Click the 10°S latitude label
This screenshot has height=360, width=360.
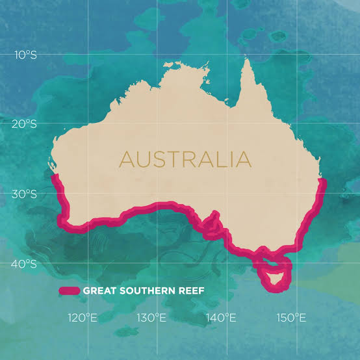(25, 56)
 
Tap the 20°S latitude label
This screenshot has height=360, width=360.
(25, 125)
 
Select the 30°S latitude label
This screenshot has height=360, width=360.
(25, 194)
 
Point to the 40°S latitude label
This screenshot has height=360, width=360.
(25, 264)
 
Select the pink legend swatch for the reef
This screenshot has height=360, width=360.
(69, 290)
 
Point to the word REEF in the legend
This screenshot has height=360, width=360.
(189, 290)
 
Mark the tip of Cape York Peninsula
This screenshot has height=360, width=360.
(247, 60)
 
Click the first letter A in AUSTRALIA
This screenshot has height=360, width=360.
(125, 159)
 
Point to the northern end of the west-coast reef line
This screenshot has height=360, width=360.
(56, 176)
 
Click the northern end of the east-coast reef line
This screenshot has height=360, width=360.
(323, 181)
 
